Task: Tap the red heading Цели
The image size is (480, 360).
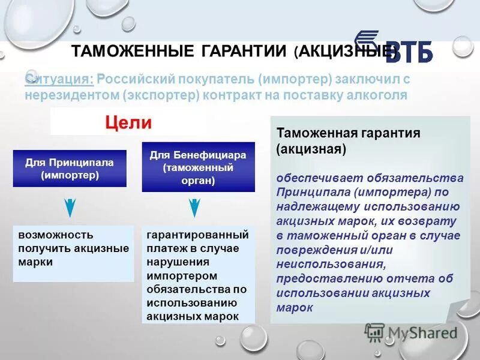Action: tap(129, 123)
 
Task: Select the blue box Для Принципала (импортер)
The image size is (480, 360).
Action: tap(70, 169)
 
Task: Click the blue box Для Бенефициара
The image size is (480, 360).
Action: tap(198, 167)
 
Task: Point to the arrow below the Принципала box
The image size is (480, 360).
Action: tap(70, 206)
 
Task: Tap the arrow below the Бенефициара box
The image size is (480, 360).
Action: tap(194, 206)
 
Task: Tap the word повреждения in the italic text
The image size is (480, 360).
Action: tap(313, 250)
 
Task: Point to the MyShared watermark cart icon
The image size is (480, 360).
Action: tap(374, 332)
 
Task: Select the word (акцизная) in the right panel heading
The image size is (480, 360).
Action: tap(311, 148)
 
